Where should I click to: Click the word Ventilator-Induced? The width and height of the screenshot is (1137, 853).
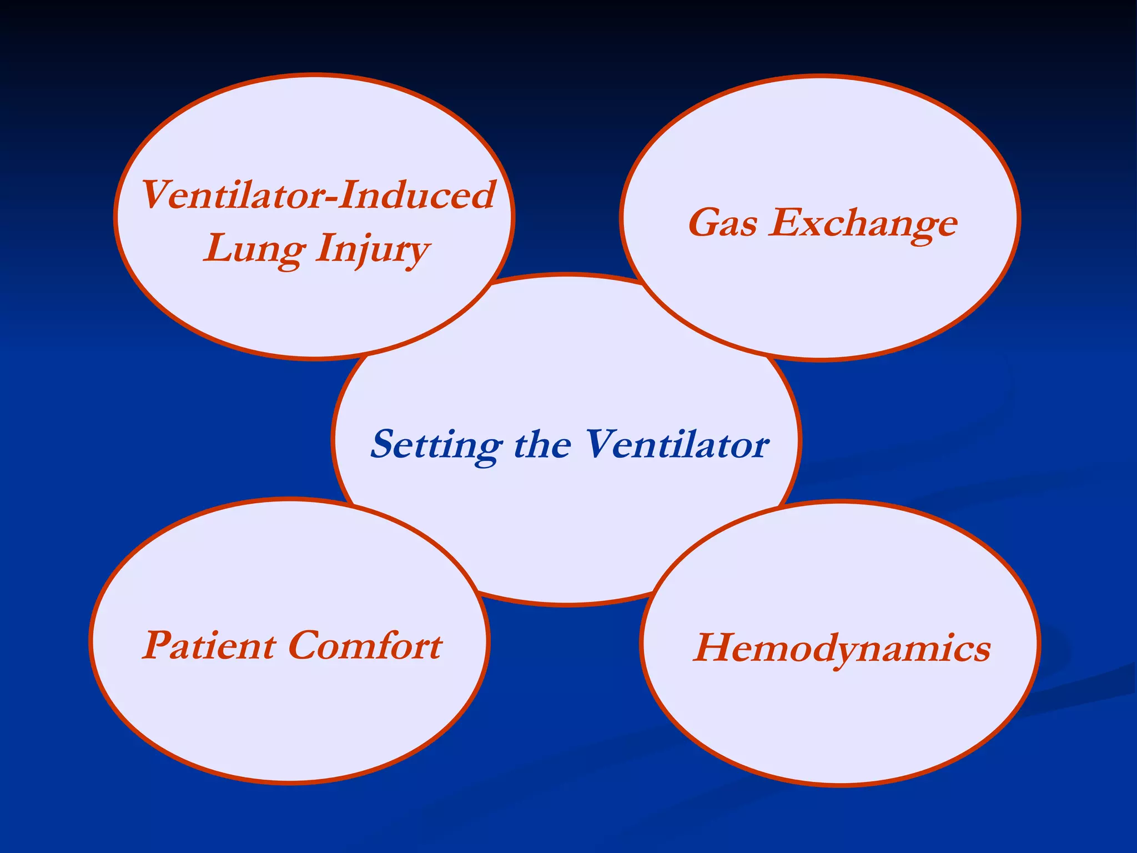click(318, 195)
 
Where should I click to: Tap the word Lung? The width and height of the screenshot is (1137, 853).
click(254, 249)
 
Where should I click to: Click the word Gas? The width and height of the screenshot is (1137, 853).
click(722, 223)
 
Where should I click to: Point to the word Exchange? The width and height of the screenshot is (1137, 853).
click(863, 223)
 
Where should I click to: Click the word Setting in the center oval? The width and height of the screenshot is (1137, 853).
click(436, 444)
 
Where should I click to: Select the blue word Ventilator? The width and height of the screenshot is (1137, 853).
click(677, 444)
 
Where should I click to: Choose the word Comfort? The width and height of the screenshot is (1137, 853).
click(365, 645)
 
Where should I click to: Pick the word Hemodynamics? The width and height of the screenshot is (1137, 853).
click(842, 649)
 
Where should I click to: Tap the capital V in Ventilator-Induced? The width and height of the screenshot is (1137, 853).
click(156, 195)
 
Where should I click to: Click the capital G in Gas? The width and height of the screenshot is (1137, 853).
click(704, 223)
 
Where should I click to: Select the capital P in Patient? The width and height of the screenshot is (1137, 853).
click(158, 645)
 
